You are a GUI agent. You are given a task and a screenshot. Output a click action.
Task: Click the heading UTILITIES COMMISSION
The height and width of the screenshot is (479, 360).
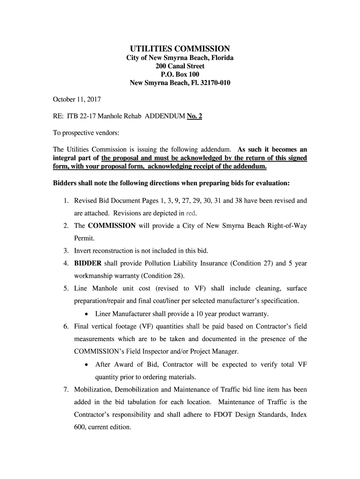[180, 49]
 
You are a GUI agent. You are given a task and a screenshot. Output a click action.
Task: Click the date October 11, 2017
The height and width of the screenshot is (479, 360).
[77, 100]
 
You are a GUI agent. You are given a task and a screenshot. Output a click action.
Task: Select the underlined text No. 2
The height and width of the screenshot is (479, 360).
[194, 116]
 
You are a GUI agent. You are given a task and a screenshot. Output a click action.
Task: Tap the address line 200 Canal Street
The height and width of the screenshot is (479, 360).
[180, 66]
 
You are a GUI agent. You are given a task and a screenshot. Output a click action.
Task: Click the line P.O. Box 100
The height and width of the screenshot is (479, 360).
[180, 74]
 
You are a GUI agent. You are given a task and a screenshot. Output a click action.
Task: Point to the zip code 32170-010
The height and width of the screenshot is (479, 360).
[213, 83]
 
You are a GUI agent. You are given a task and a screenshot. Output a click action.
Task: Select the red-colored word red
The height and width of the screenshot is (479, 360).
[191, 213]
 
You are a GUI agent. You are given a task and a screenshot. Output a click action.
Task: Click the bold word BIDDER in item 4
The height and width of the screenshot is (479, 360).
[88, 263]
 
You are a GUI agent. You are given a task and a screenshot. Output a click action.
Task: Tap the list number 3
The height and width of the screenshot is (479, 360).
[66, 251]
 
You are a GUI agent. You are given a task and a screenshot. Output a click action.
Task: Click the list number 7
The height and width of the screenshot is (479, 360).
[66, 389]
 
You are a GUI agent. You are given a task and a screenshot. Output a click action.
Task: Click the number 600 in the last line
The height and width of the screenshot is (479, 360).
[80, 427]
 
